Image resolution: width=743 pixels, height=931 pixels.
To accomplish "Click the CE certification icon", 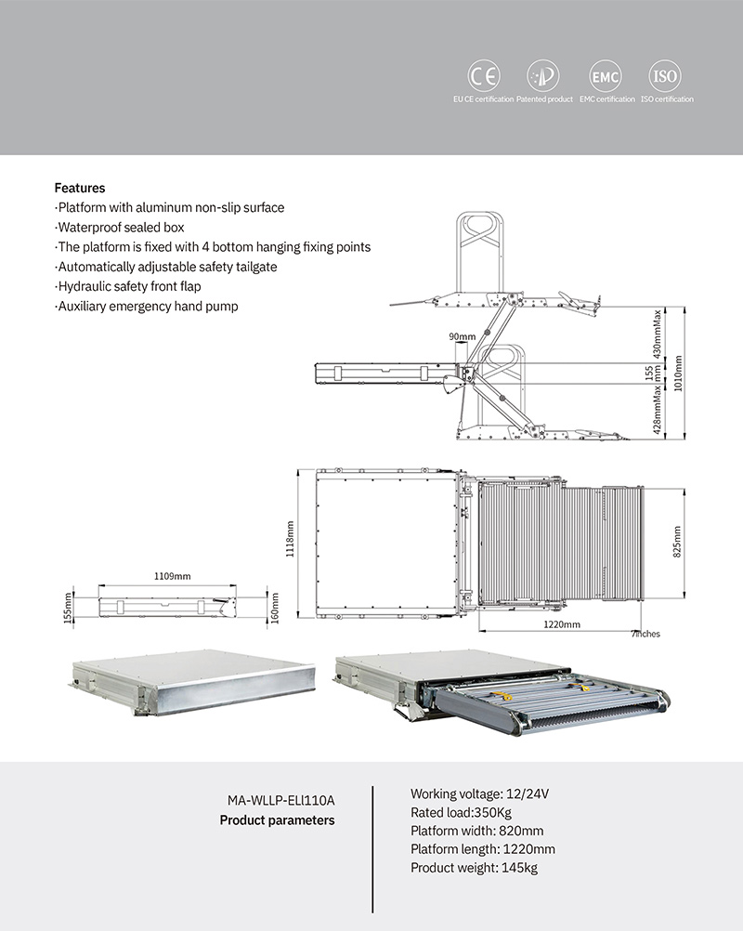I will pos(483,76).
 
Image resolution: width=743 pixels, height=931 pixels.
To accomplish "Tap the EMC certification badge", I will pos(606,76).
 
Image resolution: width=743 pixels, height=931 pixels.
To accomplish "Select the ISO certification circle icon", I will pos(665,76).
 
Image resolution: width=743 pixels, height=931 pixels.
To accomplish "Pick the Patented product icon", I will pos(543,76).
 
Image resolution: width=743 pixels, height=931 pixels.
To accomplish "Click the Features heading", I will pos(80,188).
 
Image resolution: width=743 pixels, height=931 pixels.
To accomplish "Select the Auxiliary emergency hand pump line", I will pos(147,307).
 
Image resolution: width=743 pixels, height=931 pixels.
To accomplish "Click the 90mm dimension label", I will pos(461,335).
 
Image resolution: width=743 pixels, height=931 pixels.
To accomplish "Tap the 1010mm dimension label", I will pos(678,374).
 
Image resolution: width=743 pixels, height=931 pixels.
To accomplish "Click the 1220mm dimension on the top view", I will pos(562,625).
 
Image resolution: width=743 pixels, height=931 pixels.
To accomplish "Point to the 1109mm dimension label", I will pos(172,576).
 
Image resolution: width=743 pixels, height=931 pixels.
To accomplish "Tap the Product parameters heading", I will pos(277,820).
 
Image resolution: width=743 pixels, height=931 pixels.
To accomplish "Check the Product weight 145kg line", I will pos(474,869).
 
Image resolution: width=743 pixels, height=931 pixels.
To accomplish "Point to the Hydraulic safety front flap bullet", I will pos(128,287).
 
